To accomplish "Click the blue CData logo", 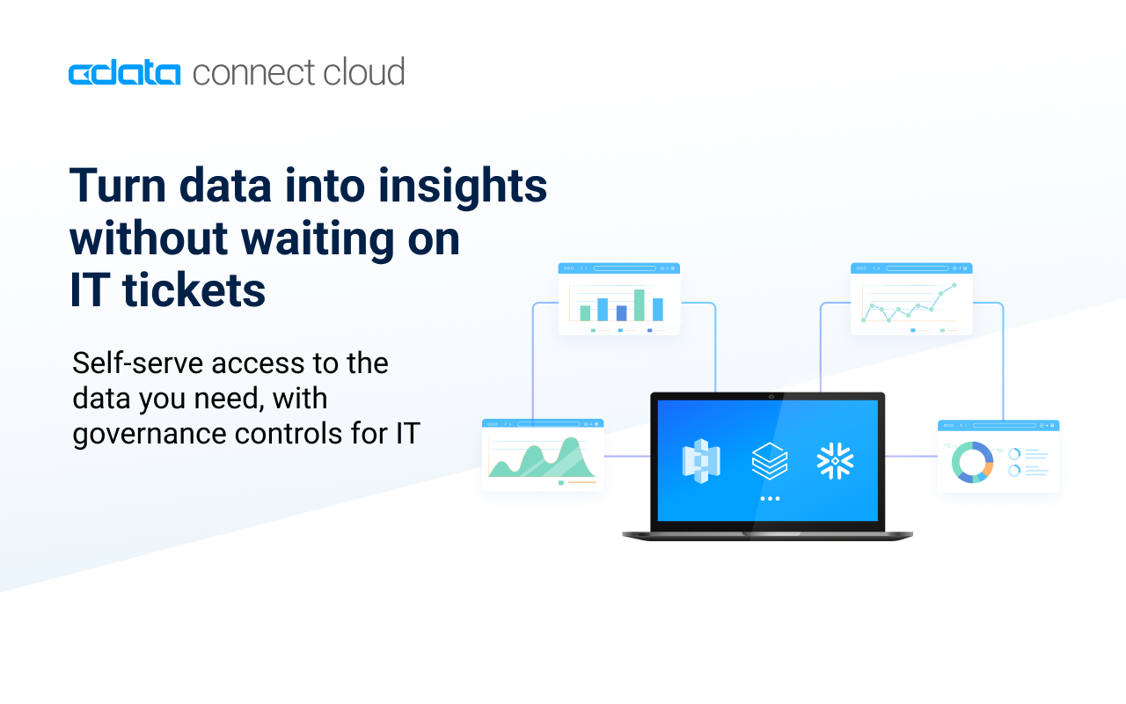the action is coord(124,73).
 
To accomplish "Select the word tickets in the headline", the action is coord(194,290).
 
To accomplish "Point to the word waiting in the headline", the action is coord(318,240).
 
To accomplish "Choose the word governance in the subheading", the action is coord(150,435).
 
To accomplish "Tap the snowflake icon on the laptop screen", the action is coord(835,460).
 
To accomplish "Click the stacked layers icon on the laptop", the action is coord(770,460).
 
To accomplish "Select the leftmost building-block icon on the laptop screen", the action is coord(701,460).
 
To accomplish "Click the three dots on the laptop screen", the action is coord(770,499).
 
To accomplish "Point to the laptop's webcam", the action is coord(771,397).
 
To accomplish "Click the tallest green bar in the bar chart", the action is coord(639,304).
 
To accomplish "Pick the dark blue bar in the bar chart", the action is coord(621,312).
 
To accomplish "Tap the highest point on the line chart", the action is coord(954,285).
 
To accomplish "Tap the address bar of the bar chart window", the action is coord(625,268).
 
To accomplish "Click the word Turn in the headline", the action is coord(118,186).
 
